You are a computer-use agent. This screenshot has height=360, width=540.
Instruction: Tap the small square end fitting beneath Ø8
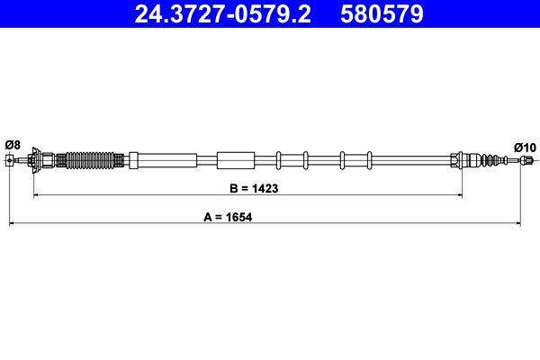[x=10, y=160]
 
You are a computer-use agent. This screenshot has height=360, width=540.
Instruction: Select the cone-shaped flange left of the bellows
[x=40, y=160]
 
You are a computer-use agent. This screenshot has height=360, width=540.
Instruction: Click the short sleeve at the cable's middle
[x=236, y=160]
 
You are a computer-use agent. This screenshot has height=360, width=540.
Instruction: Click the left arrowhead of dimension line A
[x=13, y=221]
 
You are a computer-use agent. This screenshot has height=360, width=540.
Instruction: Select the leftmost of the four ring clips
[x=279, y=160]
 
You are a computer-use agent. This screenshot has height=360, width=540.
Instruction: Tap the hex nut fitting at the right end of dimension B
[x=456, y=160]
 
